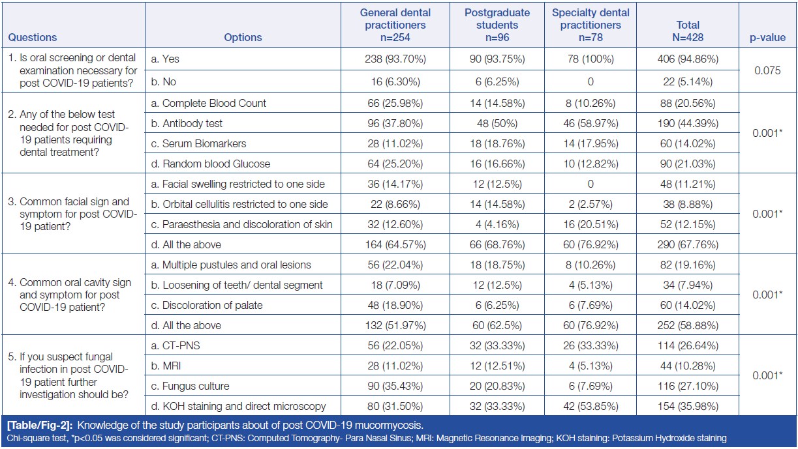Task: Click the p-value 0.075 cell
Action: point(767,70)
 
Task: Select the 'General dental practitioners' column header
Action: point(395,25)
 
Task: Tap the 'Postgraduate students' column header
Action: point(497,25)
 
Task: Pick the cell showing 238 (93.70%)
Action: point(395,59)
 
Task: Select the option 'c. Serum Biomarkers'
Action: point(204,143)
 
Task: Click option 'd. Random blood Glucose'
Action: point(216,164)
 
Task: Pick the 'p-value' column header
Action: point(767,38)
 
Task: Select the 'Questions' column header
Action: point(33,38)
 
